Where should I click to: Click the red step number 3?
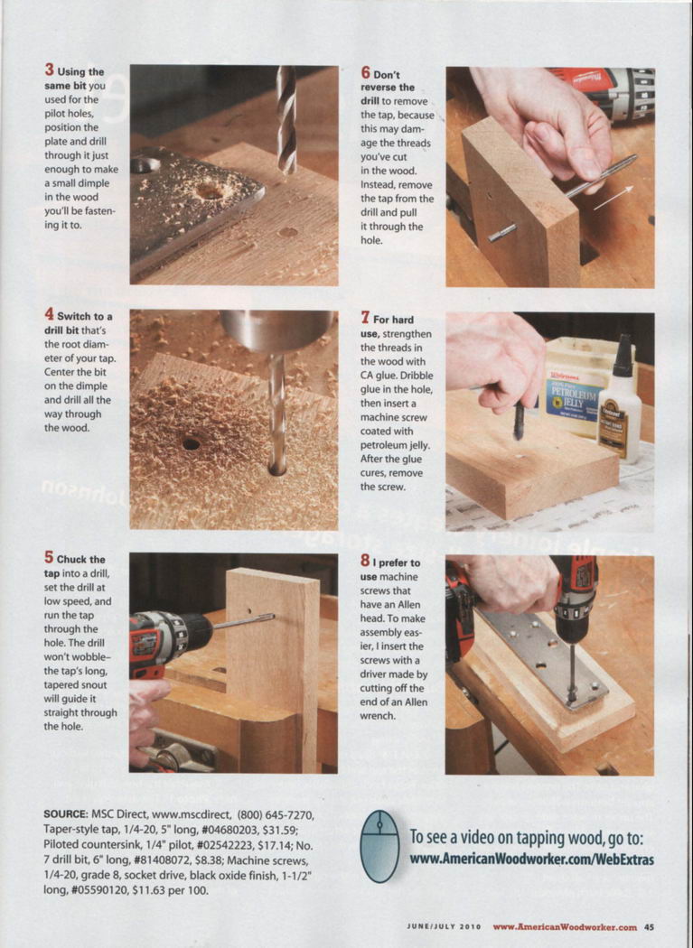[49, 70]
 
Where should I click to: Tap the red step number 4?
[49, 314]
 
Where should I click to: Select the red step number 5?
[49, 557]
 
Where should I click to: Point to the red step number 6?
[366, 72]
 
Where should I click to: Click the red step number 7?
[366, 318]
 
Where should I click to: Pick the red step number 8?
[366, 561]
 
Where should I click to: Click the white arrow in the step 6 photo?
[613, 199]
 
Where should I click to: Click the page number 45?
[649, 927]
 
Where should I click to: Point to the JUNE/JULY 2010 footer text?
[444, 927]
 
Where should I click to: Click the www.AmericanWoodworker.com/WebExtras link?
[532, 860]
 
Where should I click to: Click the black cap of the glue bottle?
[623, 358]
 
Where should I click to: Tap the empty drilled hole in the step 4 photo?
[192, 444]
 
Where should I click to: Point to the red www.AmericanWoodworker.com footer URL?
[565, 927]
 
